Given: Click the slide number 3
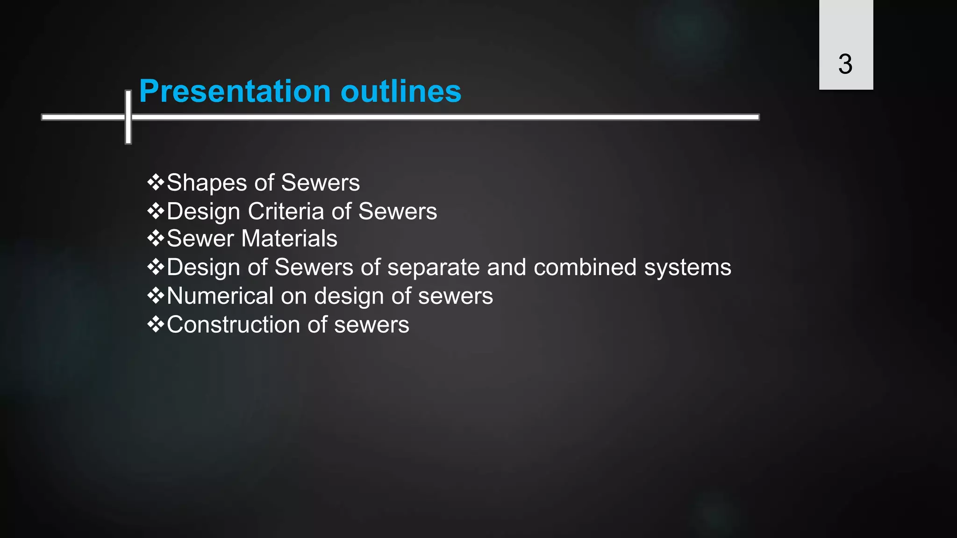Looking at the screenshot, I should [845, 64].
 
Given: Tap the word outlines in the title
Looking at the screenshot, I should [401, 91].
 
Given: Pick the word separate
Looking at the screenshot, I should [433, 268].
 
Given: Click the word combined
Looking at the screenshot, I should [585, 268].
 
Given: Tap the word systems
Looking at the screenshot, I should [687, 268].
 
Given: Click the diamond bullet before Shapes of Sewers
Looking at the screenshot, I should [156, 182].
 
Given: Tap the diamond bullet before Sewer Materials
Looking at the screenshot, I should [156, 239].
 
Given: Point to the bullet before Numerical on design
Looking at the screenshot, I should [156, 296].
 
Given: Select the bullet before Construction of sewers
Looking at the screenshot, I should [156, 324].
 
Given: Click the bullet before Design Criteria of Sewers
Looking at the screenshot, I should [156, 211].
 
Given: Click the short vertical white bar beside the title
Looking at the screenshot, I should [128, 117].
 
